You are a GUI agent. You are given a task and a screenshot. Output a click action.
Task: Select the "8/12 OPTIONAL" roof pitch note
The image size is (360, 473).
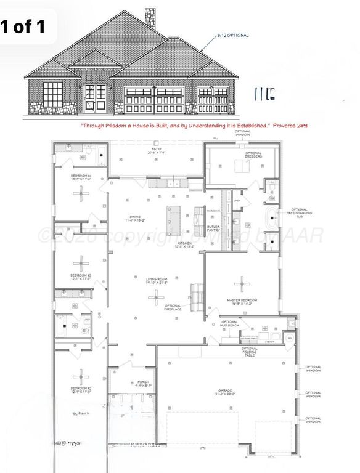pos(232,36)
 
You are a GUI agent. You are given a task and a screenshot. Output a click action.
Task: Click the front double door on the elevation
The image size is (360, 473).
pos(96,99)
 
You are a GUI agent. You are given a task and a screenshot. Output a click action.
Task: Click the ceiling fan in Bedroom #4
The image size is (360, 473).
pos(81,193)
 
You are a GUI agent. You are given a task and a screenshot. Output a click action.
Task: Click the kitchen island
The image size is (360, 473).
pos(170,219)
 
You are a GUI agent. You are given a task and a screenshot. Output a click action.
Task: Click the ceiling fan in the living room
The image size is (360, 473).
pos(155,299)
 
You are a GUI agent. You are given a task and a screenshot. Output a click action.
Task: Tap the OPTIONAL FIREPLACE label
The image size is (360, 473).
pos(173,308)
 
